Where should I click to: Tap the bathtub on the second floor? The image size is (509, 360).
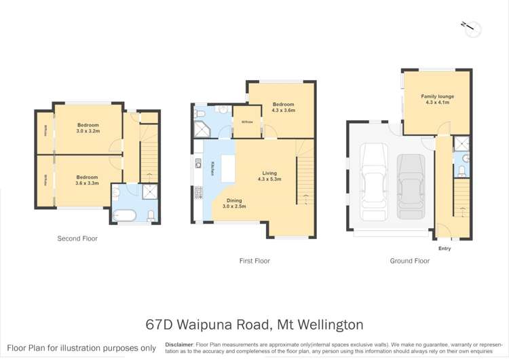tap(125, 216)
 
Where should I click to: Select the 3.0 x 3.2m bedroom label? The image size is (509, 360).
tap(88, 128)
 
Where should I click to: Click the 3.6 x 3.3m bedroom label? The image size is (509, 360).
tap(88, 180)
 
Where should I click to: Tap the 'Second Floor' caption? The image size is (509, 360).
tap(77, 239)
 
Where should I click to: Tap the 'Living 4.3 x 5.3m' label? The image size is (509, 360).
tap(269, 177)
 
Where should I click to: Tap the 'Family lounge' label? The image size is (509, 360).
tap(437, 99)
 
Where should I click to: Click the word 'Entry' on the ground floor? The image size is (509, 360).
tap(445, 249)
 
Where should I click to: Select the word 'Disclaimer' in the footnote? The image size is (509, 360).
tap(178, 344)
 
